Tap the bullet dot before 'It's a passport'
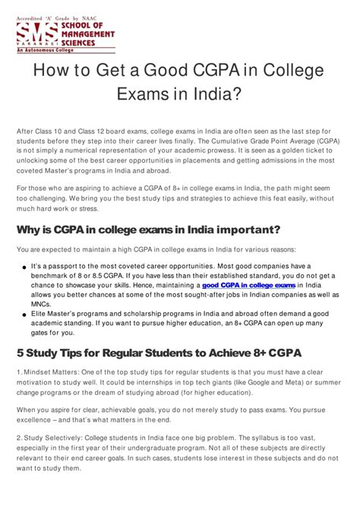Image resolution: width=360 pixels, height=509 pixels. point(25,268)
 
